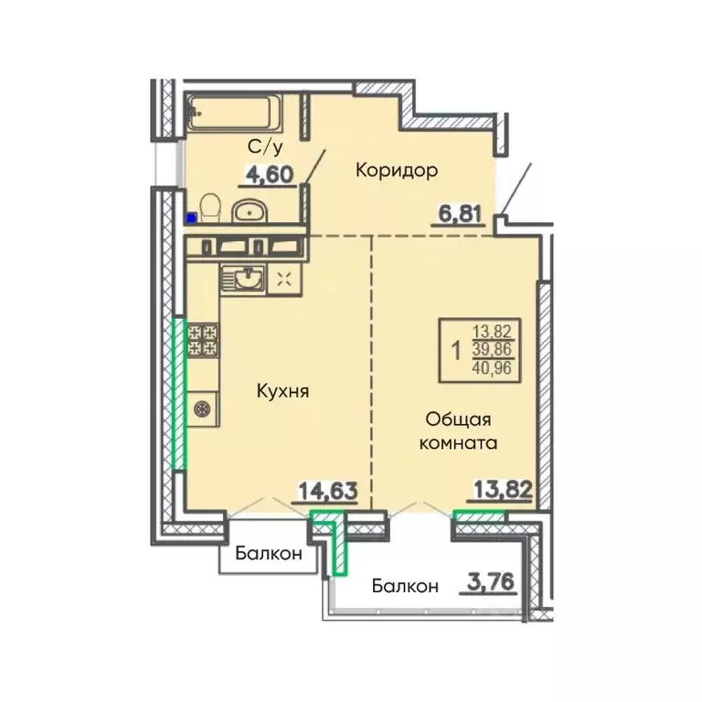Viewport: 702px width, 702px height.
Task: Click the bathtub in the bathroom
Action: (x=235, y=112)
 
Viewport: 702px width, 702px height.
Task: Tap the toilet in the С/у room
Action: (x=210, y=208)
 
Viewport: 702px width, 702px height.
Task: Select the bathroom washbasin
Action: (x=249, y=212)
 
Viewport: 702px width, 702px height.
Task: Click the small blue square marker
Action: (x=191, y=218)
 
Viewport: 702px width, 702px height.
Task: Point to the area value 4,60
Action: (x=269, y=175)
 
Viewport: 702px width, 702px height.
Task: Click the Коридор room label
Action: (x=397, y=171)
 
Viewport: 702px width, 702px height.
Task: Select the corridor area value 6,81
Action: (x=457, y=215)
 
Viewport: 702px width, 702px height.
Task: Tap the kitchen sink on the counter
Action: (x=243, y=279)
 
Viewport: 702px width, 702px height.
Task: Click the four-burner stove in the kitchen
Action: (x=203, y=340)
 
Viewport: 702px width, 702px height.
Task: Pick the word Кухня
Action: (x=283, y=392)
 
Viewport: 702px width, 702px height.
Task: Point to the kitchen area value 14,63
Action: (x=328, y=491)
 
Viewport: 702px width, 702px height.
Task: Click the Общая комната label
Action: (x=458, y=431)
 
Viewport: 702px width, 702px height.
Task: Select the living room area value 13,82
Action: (x=503, y=490)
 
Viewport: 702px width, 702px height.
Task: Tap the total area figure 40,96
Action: (x=492, y=369)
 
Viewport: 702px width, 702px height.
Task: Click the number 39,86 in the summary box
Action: (x=492, y=350)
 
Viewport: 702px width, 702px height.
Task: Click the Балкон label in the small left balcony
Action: (x=269, y=554)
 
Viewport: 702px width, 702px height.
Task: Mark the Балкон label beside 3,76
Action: (x=405, y=586)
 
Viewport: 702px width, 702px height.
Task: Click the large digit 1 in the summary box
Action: (x=456, y=351)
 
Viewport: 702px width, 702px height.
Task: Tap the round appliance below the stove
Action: (x=202, y=409)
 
